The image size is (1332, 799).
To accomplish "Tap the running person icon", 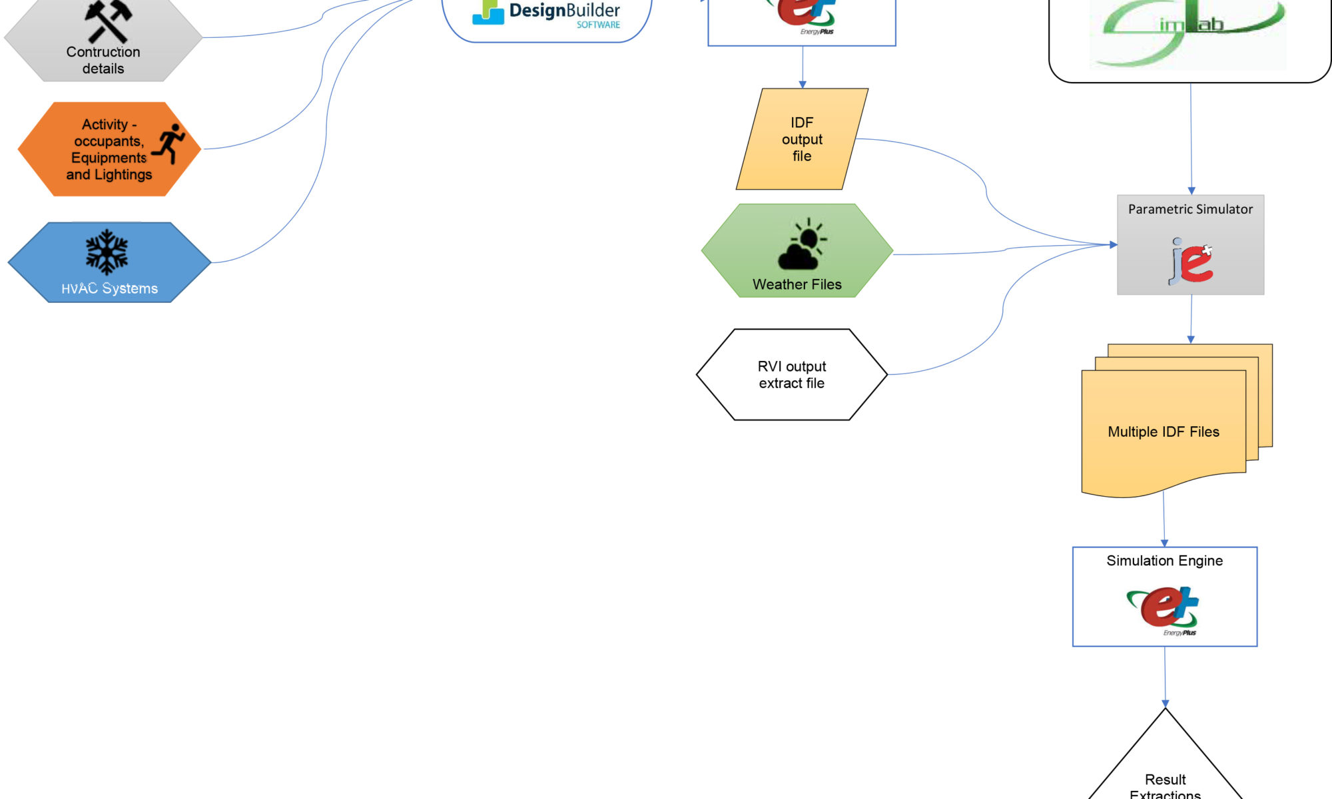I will tap(169, 142).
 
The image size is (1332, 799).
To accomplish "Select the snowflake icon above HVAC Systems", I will tap(107, 252).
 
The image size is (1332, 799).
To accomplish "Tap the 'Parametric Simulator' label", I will tap(1190, 209).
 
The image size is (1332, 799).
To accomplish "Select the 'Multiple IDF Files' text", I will tap(1163, 431).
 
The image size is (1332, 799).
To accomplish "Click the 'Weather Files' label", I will tap(797, 284).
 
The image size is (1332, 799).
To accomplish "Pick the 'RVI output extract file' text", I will tap(791, 374).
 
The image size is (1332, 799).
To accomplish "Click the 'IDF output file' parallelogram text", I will tap(802, 139).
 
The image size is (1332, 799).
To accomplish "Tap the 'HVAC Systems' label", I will tap(109, 288).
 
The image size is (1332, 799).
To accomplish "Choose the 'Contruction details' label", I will tap(103, 60).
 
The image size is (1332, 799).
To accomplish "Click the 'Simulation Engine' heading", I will tap(1164, 561).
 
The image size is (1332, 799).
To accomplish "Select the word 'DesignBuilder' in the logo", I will tap(564, 10).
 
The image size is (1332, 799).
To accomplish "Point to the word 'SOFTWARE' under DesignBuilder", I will tap(598, 25).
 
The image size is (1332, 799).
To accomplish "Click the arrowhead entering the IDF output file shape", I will tap(803, 85).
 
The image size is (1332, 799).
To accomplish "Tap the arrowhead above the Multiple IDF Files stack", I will tap(1191, 340).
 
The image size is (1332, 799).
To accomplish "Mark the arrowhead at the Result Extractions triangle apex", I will tap(1165, 704).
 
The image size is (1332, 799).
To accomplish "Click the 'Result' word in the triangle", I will tap(1165, 779).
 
